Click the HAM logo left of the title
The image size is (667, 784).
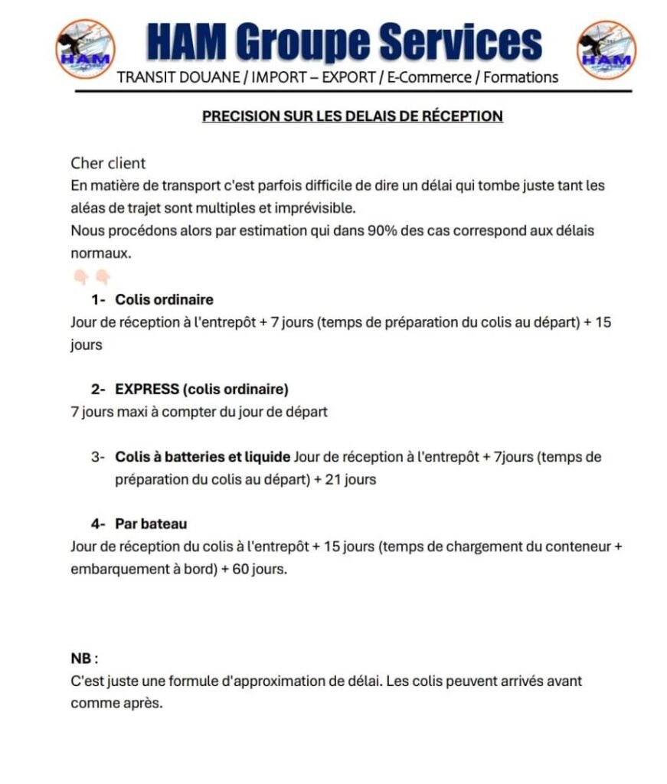tap(85, 50)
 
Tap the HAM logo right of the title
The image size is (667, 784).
tap(606, 50)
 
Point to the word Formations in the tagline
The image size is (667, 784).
tap(522, 77)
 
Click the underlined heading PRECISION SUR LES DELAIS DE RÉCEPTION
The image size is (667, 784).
tap(352, 116)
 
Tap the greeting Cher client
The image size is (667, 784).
tap(108, 163)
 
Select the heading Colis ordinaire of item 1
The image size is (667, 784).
tap(164, 299)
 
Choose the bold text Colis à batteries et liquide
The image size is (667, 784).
tap(202, 457)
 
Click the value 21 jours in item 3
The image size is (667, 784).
tap(351, 480)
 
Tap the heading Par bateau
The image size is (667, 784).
tap(151, 524)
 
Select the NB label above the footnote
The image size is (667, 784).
tap(83, 658)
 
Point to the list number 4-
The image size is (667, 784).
tap(100, 524)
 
